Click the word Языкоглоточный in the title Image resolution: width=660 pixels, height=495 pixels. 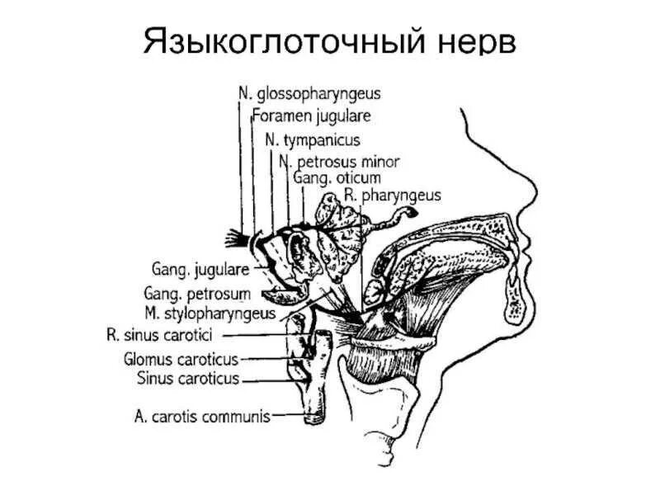click(285, 42)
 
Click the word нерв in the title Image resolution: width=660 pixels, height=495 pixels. click(478, 42)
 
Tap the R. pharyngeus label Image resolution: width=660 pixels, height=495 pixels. click(395, 196)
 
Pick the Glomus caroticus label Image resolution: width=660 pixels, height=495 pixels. click(181, 360)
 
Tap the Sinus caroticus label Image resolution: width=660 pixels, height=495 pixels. click(187, 379)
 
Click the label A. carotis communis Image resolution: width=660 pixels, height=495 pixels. click(201, 417)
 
